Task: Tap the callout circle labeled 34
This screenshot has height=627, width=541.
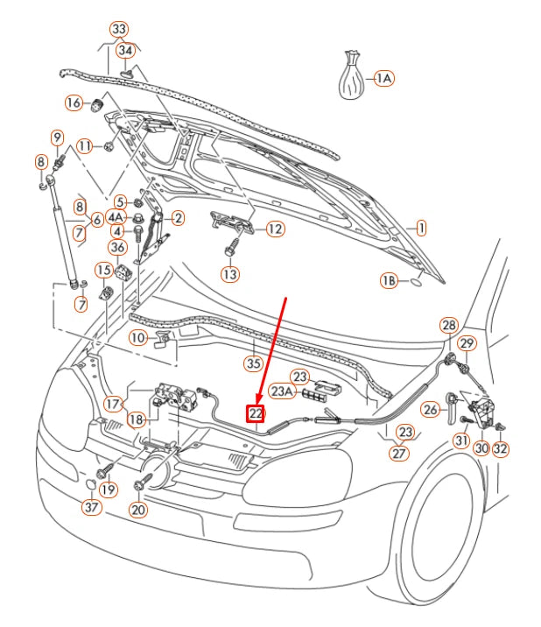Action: pos(126,51)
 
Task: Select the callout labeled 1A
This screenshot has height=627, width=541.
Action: pos(383,79)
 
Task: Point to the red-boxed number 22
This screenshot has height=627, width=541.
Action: pos(256,412)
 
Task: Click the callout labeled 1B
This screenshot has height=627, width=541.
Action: pos(389,281)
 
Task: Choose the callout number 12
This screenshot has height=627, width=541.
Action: pos(274,229)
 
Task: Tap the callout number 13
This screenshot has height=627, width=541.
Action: pos(228,275)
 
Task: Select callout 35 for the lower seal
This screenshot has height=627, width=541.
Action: pos(253,363)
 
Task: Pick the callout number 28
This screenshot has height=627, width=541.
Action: pos(448,326)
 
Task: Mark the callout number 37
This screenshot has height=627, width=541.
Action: pos(92,507)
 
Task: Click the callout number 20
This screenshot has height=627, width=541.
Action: pos(138,509)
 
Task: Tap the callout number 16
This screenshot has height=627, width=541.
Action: pos(74,103)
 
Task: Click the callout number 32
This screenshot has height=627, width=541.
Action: pos(500,449)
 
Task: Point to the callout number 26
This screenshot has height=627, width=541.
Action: pos(430,409)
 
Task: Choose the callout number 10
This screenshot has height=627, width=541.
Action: pos(138,337)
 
